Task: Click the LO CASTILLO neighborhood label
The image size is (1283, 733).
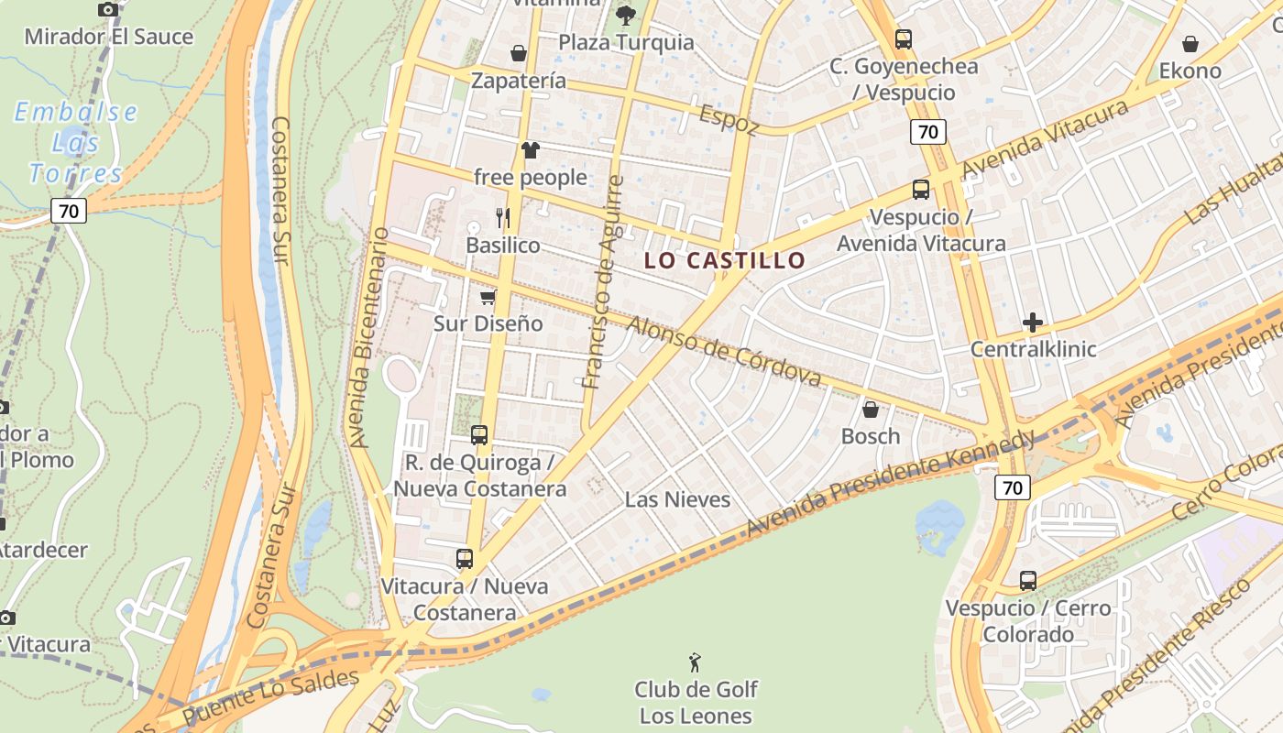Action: tap(724, 260)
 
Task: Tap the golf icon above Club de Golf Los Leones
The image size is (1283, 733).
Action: tap(696, 661)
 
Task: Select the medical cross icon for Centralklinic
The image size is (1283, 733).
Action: tap(1033, 323)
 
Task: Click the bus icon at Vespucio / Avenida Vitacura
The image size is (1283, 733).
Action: tap(921, 190)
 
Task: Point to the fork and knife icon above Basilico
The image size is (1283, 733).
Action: tap(502, 217)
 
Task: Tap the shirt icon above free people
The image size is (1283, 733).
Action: tap(531, 150)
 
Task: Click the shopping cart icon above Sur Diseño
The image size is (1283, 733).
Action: tap(488, 297)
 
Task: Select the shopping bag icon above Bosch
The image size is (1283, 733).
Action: tap(871, 409)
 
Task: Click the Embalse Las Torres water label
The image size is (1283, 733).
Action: tap(76, 142)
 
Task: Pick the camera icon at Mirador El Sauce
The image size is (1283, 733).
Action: tap(108, 9)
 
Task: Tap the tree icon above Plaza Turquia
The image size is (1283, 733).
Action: tap(626, 15)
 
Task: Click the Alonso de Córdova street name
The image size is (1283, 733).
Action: tap(724, 351)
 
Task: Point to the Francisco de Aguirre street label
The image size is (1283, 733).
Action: tap(604, 281)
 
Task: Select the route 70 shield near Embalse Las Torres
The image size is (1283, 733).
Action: tap(68, 211)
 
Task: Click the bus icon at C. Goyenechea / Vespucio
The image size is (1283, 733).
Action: tap(904, 39)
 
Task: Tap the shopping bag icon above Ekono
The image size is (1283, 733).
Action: tap(1190, 44)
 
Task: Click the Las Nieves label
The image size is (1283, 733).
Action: tap(677, 499)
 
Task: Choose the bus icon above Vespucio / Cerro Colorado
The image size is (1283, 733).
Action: tap(1028, 580)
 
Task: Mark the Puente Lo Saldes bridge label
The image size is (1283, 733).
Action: tap(270, 697)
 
